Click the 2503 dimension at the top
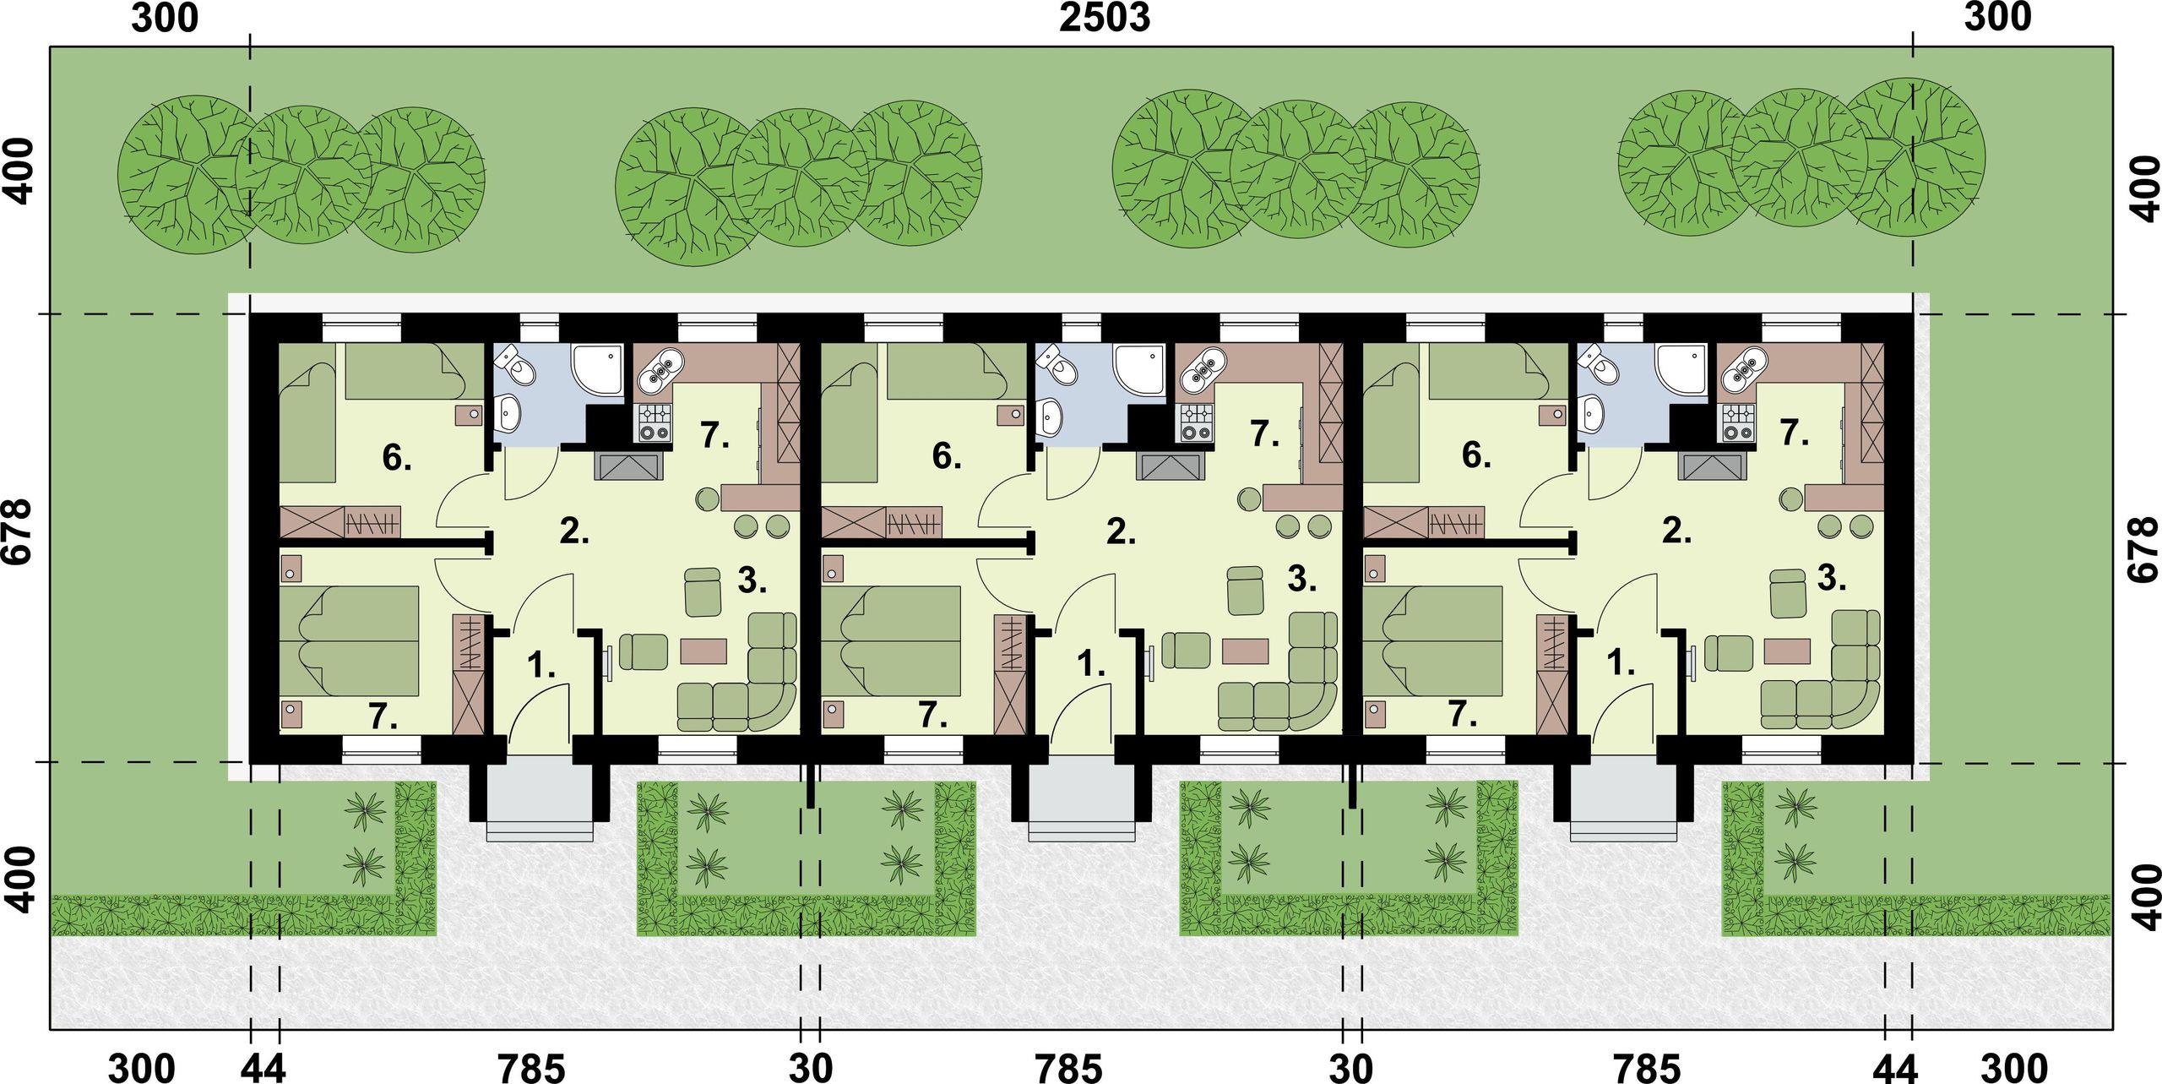click(x=1105, y=17)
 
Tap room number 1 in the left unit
click(x=540, y=665)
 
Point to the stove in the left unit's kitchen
click(x=655, y=422)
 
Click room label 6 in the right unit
click(x=1477, y=455)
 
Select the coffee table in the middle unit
click(x=1246, y=651)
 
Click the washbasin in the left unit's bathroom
click(x=509, y=414)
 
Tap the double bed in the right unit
click(x=1433, y=640)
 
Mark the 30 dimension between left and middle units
click(x=811, y=1068)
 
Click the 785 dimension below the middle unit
click(x=1068, y=1068)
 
